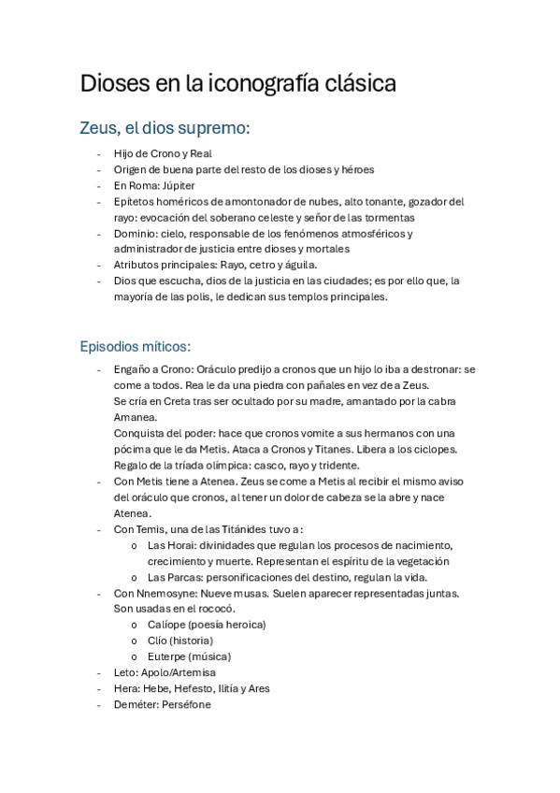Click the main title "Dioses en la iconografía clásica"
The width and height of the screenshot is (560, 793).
point(238,83)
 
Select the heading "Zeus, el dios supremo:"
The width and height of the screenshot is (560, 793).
point(165,126)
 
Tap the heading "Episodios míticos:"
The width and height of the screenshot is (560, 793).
point(136,346)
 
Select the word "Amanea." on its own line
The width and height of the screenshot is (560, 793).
point(136,417)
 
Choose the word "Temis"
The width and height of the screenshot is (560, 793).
point(156,529)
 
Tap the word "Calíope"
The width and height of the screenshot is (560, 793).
point(166,625)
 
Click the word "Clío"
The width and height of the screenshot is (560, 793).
point(159,641)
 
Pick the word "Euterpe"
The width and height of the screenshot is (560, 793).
point(168,656)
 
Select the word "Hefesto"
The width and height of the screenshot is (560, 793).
point(195,688)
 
